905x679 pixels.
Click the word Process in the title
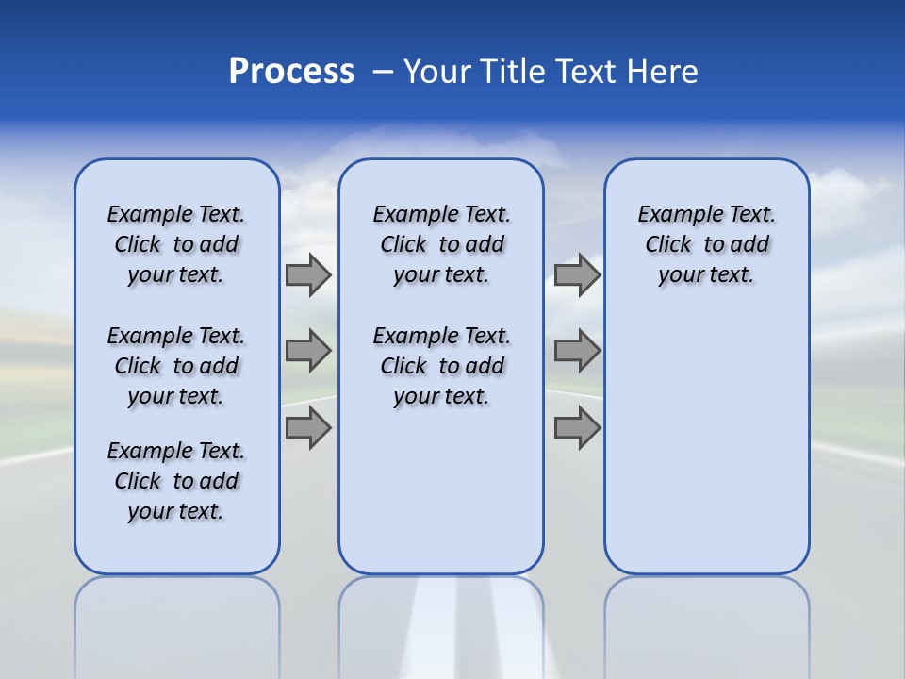tap(291, 72)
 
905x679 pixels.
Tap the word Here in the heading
tap(665, 72)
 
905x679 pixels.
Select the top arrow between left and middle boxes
tap(308, 274)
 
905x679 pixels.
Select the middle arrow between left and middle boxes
tap(308, 351)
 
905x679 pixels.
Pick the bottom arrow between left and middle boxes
tap(308, 428)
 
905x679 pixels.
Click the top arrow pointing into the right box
tap(577, 274)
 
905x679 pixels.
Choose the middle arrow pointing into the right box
tap(577, 351)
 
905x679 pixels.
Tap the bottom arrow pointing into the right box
tap(577, 428)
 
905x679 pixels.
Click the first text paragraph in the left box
tap(176, 244)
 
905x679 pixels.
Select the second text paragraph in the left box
tap(176, 366)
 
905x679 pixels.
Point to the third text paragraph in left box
tap(176, 481)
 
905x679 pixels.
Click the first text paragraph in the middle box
tap(441, 244)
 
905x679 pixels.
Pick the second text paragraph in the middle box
tap(441, 366)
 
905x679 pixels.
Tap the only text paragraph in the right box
tap(706, 244)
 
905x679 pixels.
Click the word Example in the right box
tap(672, 214)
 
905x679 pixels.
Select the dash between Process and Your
tap(383, 72)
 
